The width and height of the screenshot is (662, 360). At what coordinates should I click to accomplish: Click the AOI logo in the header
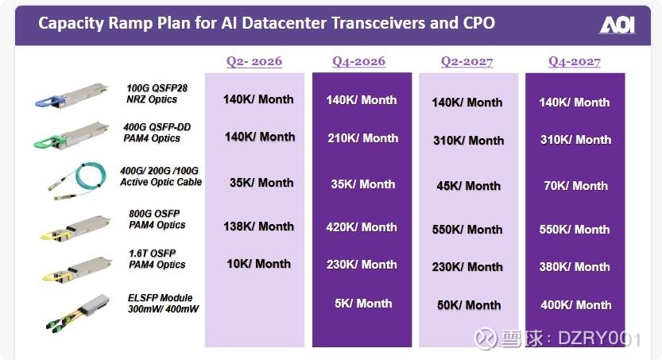617,25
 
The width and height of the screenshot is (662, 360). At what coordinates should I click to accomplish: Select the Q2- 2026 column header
254,61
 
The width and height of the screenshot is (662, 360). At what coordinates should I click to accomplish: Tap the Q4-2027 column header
574,62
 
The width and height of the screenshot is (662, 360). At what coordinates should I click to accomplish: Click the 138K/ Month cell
258,226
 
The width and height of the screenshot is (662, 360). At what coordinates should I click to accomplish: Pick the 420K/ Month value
362,227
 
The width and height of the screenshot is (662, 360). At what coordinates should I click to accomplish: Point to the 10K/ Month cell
258,264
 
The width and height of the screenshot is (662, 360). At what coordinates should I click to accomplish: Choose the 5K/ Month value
363,304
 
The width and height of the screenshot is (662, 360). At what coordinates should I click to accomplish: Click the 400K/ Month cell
576,304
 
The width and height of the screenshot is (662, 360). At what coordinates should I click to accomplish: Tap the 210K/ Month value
363,138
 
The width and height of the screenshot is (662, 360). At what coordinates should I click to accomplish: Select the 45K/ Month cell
468,186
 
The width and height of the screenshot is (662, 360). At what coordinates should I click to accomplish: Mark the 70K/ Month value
576,186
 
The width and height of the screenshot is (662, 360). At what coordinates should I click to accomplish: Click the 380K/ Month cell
574,267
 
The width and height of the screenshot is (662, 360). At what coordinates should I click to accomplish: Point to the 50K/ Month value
469,305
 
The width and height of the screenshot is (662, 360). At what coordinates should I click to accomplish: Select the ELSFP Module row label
163,304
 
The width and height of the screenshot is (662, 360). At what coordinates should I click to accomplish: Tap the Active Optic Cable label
161,182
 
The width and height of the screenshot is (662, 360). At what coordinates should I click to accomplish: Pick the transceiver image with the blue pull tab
71,96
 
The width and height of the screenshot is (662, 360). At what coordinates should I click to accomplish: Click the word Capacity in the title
71,23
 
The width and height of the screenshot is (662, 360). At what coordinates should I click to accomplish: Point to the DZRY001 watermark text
599,339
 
